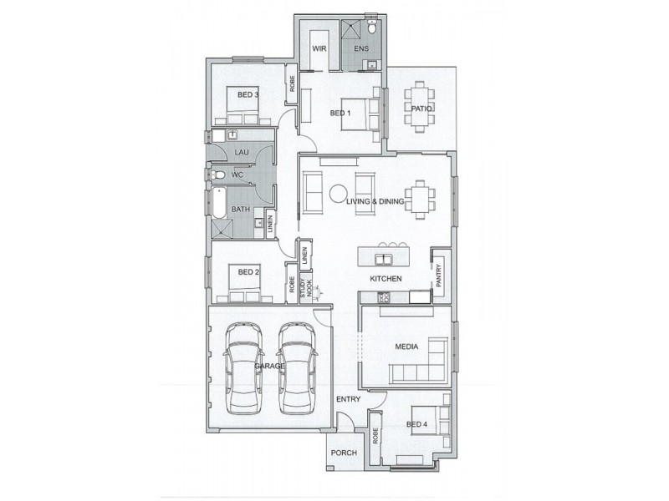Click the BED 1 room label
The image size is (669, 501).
[340, 113]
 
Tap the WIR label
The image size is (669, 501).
[319, 49]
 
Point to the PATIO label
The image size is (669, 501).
[421, 109]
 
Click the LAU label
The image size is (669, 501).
[242, 151]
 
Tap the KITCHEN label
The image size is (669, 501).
[387, 278]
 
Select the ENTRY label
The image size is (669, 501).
[348, 399]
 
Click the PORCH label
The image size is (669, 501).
[345, 453]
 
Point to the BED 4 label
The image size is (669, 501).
[416, 425]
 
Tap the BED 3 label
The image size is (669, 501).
[248, 95]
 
